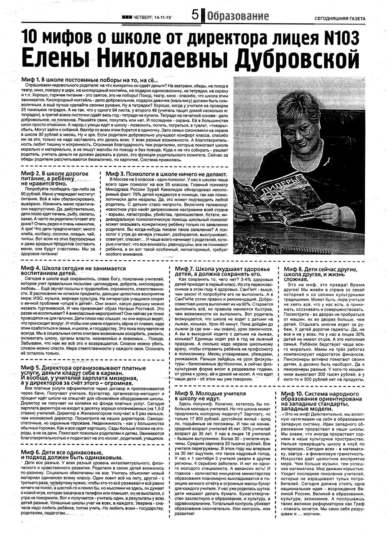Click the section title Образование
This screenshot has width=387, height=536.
(x=238, y=16)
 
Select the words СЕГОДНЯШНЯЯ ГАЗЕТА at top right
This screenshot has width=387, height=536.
(x=340, y=18)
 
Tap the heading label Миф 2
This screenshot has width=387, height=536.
(x=30, y=174)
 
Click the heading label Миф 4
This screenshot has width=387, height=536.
(x=30, y=268)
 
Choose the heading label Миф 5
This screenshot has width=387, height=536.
(x=30, y=368)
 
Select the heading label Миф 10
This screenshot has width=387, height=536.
(x=292, y=394)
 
